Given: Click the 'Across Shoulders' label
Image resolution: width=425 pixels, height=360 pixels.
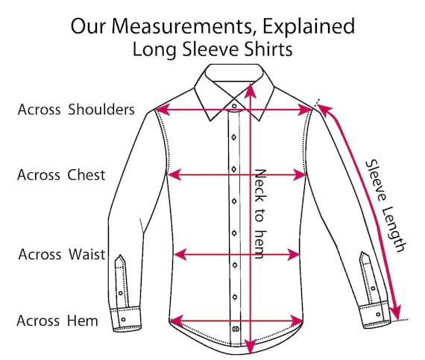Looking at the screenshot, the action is click(76, 110).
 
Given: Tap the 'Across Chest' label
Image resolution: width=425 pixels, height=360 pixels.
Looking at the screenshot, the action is click(61, 174).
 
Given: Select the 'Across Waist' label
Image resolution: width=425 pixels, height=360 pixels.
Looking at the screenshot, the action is click(62, 254).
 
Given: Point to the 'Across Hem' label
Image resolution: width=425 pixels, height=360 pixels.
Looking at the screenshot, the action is click(57, 320).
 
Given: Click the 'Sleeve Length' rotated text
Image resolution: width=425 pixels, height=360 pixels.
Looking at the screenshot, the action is click(385, 206).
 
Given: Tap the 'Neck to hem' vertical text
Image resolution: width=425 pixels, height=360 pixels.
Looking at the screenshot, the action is click(260, 214).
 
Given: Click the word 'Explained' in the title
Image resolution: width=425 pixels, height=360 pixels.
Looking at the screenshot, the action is click(309, 27).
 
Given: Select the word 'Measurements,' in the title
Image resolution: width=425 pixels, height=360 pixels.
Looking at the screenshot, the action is click(183, 27).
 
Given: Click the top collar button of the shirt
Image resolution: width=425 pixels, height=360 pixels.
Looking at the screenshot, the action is click(234, 106).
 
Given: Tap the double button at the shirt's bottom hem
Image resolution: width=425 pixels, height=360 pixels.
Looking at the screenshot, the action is click(236, 329).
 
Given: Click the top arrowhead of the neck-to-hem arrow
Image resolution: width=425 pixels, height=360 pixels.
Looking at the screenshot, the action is click(251, 90).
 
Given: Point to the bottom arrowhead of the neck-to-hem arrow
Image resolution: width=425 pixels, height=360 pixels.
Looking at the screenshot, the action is click(251, 346).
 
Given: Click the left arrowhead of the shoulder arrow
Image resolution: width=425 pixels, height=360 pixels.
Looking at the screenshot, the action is click(162, 110).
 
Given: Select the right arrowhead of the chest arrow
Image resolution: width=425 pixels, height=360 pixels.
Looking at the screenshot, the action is click(300, 174).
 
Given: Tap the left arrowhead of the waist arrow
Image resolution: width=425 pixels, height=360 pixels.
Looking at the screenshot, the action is click(180, 254).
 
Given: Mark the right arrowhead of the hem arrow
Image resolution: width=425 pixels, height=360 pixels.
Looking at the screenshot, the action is click(296, 320).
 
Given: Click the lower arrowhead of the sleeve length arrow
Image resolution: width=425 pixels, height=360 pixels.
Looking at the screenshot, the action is click(396, 312).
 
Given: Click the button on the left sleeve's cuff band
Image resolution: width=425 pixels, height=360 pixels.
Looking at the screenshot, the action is click(123, 319).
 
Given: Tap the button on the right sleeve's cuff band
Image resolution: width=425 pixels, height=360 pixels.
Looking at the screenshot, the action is click(378, 315).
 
